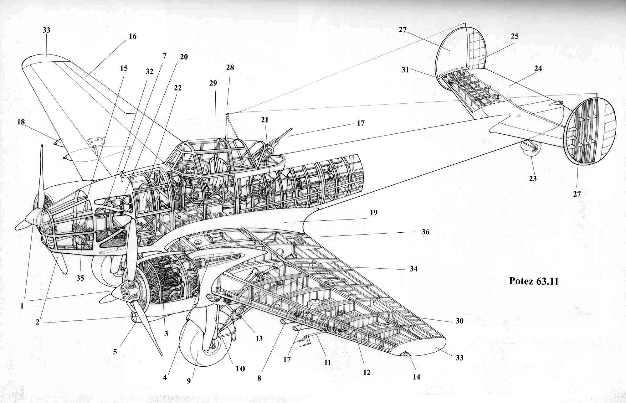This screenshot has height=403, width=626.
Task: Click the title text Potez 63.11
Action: coord(534,281)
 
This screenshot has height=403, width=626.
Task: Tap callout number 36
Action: coord(425,232)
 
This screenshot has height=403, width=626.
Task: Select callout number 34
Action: coord(413,269)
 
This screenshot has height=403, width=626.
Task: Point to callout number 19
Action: coord(373,213)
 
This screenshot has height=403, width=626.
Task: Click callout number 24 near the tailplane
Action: coord(538,68)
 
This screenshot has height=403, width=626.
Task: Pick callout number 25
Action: coord(515,36)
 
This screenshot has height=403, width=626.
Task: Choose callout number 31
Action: coord(405,70)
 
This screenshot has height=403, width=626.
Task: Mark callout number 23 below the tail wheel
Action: coord(533,179)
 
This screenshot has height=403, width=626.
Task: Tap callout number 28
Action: coord(230,68)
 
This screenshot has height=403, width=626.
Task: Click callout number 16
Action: coord(132,36)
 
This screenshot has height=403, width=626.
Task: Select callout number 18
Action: coord(21,122)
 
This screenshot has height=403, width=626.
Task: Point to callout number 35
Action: coord(80,278)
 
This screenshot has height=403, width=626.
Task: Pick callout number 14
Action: coord(416,377)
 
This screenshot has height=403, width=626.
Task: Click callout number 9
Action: coord(189,381)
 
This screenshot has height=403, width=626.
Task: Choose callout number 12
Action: coord(367,372)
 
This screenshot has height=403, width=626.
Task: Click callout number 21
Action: coord(265,120)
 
